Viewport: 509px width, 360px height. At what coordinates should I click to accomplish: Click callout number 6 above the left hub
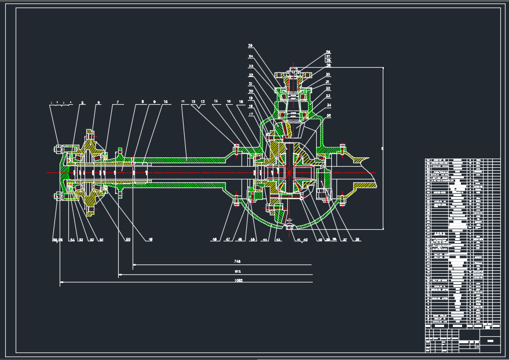click(98, 102)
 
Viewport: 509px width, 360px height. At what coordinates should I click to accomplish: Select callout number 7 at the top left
click(118, 102)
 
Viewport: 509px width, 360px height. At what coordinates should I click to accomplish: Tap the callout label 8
click(142, 102)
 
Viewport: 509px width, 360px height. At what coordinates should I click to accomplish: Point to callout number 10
click(166, 102)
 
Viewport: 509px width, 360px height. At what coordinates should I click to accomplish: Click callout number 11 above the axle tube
click(182, 101)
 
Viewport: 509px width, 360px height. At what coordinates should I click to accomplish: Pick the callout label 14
click(216, 101)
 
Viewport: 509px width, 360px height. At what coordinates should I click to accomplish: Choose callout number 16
click(241, 101)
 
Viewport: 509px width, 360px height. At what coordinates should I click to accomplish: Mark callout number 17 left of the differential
click(251, 114)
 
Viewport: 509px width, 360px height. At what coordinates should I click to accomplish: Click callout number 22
click(251, 75)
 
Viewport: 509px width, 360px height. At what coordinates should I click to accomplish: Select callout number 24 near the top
click(251, 57)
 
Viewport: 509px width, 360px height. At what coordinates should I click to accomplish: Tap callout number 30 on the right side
click(328, 75)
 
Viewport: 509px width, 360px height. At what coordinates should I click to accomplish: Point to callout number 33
click(328, 96)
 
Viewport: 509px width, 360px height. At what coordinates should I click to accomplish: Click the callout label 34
click(328, 106)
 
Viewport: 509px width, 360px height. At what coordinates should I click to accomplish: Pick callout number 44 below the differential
click(265, 240)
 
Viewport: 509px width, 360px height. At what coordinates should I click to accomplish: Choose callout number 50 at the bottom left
click(128, 240)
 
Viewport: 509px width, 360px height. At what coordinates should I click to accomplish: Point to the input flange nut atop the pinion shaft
click(294, 70)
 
